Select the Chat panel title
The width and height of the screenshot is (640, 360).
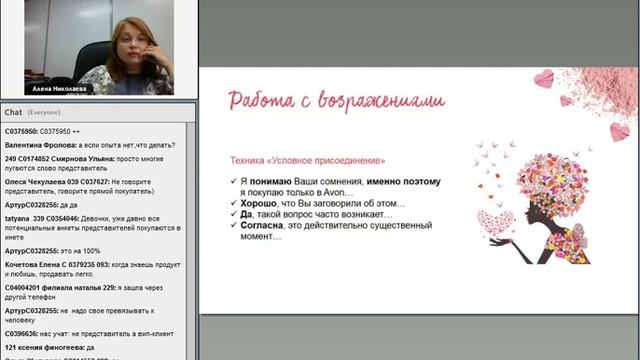13,112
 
